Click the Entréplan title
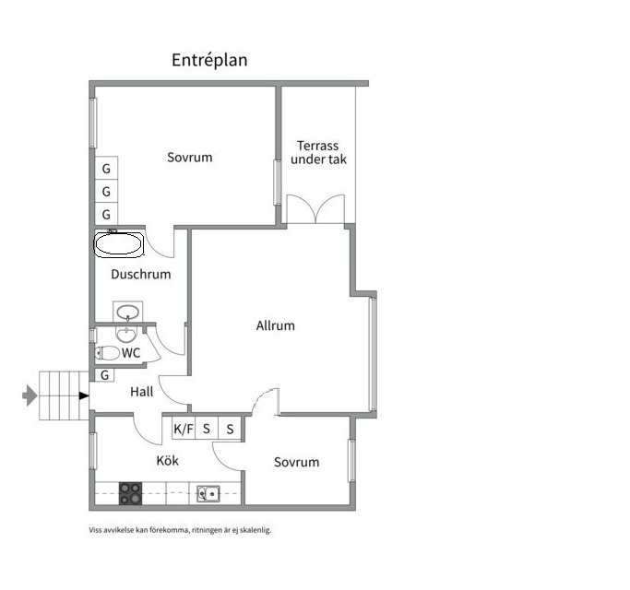click(209, 60)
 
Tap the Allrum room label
click(276, 325)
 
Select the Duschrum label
click(141, 275)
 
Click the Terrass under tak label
click(318, 152)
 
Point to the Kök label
click(168, 461)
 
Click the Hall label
click(142, 392)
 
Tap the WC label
click(131, 353)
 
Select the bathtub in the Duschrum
click(118, 243)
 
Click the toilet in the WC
click(107, 353)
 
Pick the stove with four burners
click(131, 493)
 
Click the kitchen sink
click(208, 494)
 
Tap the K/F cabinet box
click(184, 429)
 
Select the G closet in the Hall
click(104, 375)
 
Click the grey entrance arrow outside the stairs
click(30, 395)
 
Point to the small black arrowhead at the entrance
click(84, 396)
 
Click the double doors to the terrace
click(315, 209)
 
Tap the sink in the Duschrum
click(128, 312)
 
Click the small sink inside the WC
click(126, 335)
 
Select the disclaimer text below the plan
click(180, 530)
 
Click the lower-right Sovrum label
click(296, 462)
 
